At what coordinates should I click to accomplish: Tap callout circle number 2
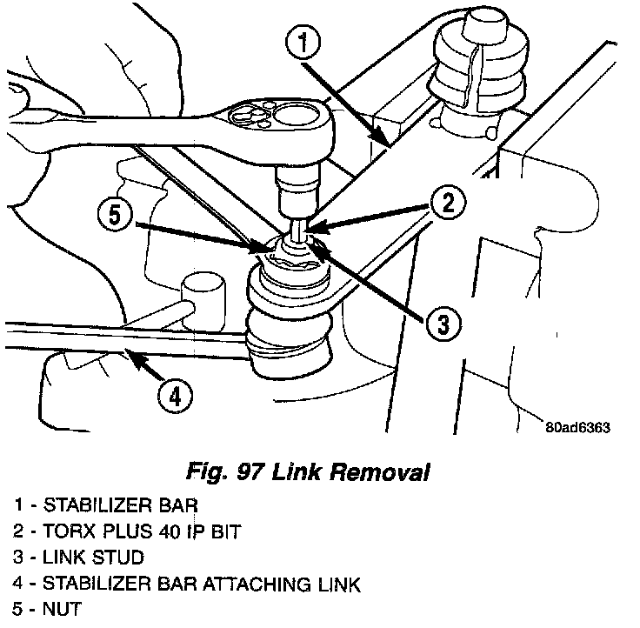[445, 204]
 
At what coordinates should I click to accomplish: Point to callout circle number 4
[175, 397]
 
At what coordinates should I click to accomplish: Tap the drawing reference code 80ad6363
[579, 427]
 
